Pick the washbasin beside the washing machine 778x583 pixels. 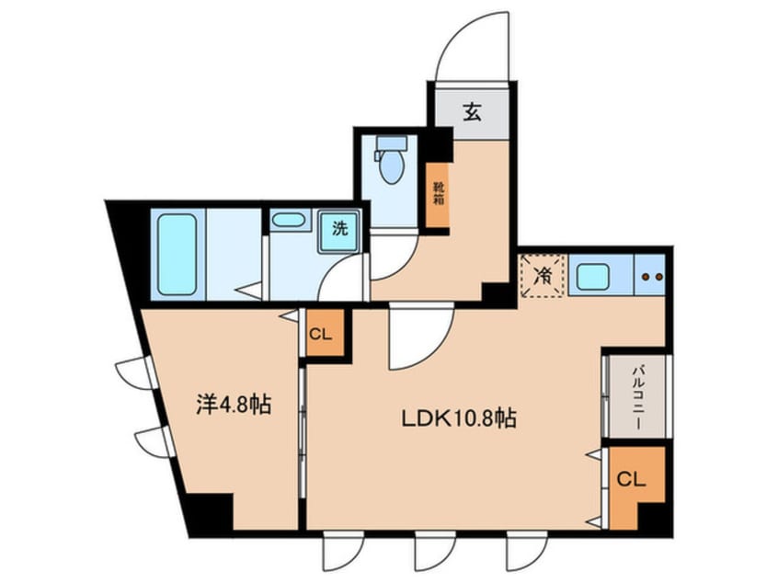point(289,221)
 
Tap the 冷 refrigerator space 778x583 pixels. point(543,274)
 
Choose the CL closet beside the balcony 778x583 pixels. point(633,480)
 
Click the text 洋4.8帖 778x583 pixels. point(234,405)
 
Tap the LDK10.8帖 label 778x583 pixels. point(457,419)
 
